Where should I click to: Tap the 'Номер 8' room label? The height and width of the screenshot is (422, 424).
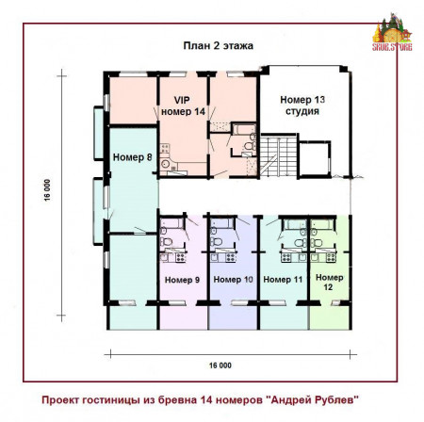tap(132, 157)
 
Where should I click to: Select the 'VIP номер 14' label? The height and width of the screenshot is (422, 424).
tap(183, 105)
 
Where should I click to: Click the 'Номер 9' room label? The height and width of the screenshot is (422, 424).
tap(182, 280)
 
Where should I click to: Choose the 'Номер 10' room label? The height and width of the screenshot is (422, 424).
tap(233, 280)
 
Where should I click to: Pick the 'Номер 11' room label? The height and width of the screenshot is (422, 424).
tap(282, 280)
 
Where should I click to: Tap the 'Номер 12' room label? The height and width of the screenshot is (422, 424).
tap(330, 282)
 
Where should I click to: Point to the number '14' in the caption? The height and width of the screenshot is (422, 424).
tap(232, 398)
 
